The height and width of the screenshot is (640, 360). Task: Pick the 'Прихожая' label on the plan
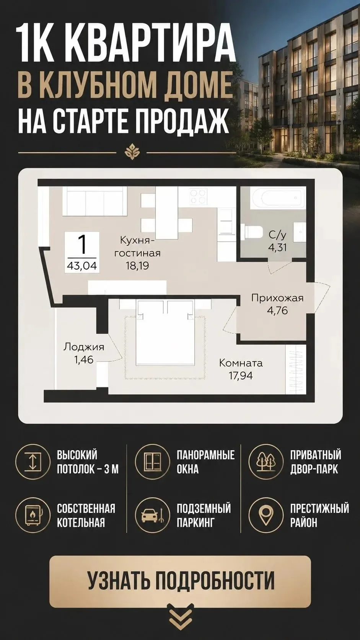pos(277,298)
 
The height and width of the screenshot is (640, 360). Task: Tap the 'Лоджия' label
pos(84,348)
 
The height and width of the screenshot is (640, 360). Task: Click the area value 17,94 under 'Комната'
pos(241,376)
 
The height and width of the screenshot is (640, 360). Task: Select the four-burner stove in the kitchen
pos(197,196)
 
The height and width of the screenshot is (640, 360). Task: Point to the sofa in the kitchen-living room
pos(94,201)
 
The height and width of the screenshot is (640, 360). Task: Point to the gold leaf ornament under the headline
pos(132,152)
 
